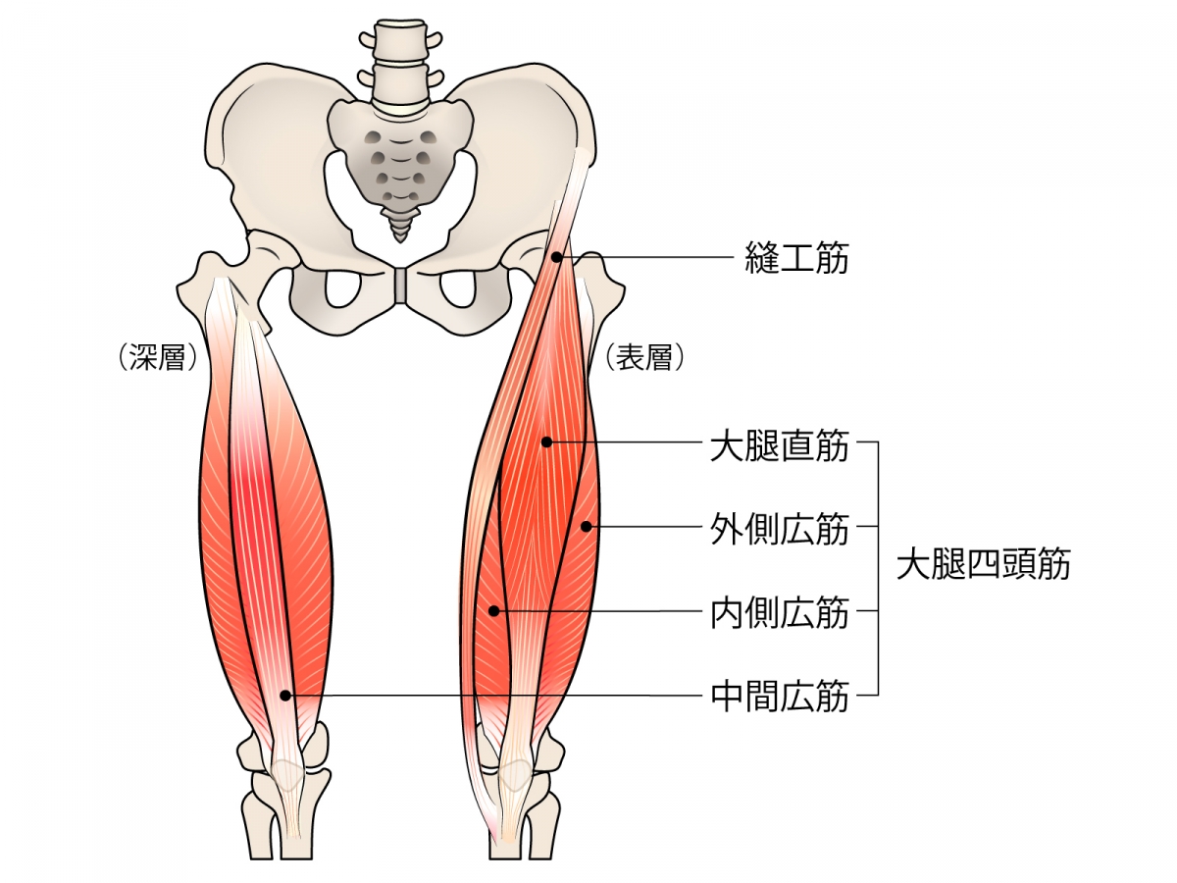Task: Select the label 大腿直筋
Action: tap(779, 443)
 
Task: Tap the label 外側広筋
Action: tap(779, 529)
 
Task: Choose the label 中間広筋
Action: tap(779, 697)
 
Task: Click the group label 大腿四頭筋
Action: tap(983, 565)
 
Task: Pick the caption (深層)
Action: tap(157, 358)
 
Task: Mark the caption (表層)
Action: tap(643, 358)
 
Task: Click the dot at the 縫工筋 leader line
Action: tap(557, 257)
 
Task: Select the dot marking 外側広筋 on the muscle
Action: tap(586, 527)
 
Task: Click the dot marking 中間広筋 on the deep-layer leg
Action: tap(284, 695)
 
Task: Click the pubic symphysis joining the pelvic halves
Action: tap(399, 286)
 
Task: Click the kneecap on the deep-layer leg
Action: tap(287, 775)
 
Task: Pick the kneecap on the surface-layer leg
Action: tap(514, 775)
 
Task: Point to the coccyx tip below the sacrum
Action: tap(399, 233)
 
